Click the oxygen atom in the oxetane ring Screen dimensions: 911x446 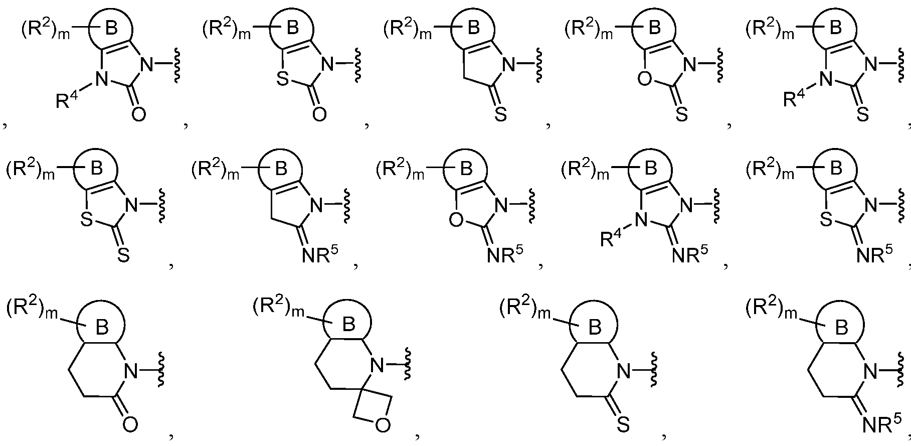pyautogui.click(x=382, y=426)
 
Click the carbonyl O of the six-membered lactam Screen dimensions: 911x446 pyautogui.click(x=129, y=424)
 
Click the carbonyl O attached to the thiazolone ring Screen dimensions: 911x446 pyautogui.click(x=318, y=114)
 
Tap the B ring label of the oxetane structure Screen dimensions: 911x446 pyautogui.click(x=348, y=325)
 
